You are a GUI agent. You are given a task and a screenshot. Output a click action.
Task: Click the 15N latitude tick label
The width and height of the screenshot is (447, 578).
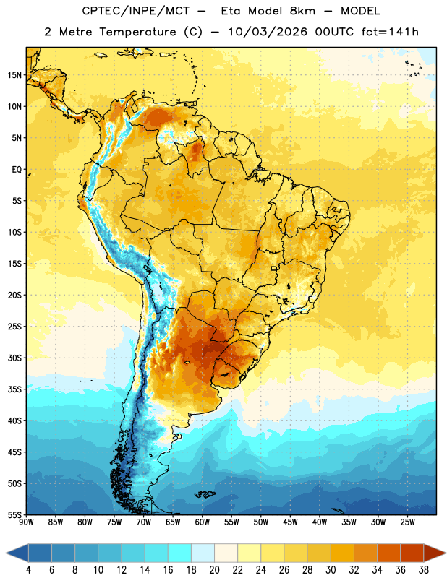14,75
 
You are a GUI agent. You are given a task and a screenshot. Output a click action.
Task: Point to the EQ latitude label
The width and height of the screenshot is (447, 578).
17,170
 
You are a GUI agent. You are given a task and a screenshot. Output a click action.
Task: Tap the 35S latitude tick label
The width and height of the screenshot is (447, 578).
14,389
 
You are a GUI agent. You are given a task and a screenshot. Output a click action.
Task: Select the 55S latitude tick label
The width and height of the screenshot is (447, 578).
14,514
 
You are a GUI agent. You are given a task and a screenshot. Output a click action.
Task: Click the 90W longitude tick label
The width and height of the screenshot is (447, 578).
26,522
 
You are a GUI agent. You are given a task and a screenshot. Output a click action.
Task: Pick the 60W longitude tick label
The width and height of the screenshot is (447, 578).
203,522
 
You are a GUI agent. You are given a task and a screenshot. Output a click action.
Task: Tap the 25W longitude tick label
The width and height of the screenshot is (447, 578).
407,522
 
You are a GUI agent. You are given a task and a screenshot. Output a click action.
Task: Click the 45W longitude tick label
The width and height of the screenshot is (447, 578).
290,522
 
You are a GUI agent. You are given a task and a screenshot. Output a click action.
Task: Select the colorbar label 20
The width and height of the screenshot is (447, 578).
214,570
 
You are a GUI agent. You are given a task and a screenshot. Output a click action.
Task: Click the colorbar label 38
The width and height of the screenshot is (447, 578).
424,570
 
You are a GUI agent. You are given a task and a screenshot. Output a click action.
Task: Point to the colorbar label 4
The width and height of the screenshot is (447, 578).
28,570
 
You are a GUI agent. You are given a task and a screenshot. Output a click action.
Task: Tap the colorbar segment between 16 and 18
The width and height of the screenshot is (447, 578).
180,553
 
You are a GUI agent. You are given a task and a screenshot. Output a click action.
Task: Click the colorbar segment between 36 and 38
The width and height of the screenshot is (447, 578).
412,553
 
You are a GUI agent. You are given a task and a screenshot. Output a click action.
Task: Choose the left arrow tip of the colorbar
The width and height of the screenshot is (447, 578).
6,553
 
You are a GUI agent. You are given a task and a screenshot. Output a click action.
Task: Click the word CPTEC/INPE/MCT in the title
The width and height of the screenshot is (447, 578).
136,11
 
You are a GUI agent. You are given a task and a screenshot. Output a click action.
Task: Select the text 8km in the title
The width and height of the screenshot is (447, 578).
302,11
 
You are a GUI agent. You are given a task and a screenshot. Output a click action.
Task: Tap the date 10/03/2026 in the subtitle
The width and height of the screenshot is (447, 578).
268,32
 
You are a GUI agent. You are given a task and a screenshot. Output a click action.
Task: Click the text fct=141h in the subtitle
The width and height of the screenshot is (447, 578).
390,32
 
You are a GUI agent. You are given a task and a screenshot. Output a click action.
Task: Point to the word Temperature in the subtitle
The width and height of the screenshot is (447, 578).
137,33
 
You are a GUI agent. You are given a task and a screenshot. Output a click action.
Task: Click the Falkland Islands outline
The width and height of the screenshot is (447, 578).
205,494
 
